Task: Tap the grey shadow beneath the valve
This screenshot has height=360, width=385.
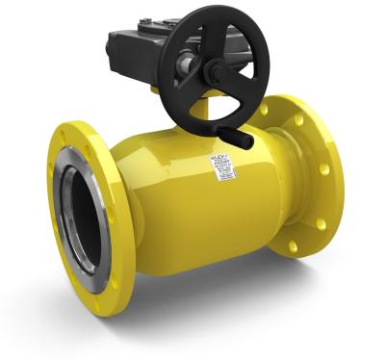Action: point(192,308)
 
